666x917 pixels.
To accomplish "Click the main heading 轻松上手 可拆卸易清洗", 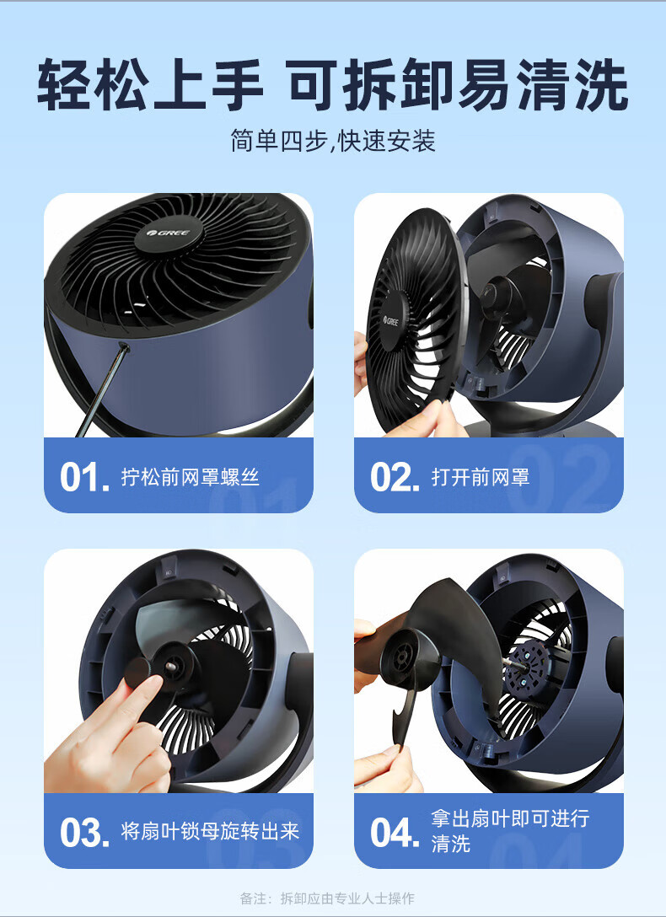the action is pos(333,84).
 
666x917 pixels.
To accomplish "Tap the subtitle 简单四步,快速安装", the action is pos(333,141).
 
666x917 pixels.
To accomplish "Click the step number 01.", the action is pos(84,478).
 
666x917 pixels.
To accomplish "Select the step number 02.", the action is pos(395,478).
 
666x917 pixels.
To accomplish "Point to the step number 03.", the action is pos(84,833).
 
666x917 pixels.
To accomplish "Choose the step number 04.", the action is pos(395,833).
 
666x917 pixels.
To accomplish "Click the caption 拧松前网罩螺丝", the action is pos(190,477).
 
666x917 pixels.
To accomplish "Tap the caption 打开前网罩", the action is pos(480,477).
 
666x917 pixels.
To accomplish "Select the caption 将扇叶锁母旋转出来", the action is pos(210,831).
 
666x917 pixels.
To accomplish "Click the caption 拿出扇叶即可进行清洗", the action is pos(510,831).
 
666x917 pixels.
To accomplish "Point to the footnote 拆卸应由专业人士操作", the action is pos(347,898).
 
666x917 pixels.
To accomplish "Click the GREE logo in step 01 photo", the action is pos(169,233).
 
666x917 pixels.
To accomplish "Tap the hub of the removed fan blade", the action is pos(404,658).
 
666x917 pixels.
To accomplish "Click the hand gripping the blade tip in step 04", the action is pos(386,766).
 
